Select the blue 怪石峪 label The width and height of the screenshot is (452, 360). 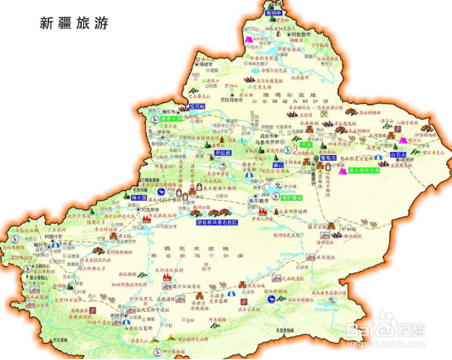pyautogui.click(x=198, y=106)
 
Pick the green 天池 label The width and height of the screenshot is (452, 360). pyautogui.click(x=306, y=144)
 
